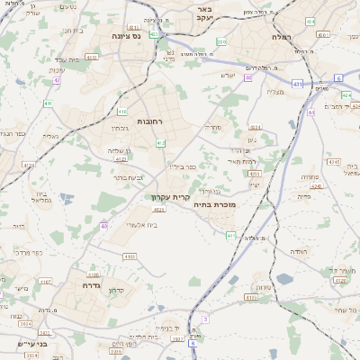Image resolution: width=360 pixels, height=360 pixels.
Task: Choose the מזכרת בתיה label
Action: (x=214, y=205)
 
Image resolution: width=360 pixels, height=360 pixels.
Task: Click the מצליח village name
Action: (x=276, y=92)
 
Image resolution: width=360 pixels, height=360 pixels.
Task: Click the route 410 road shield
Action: (x=121, y=112)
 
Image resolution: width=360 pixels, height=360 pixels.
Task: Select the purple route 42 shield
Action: (x=57, y=80)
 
